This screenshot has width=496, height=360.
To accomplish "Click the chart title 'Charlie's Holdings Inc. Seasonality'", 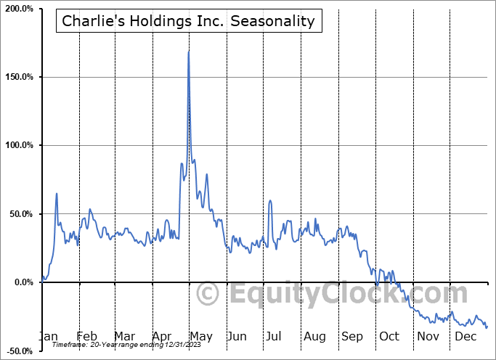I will click(189, 21).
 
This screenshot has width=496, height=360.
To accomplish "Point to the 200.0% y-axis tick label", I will click(19, 8).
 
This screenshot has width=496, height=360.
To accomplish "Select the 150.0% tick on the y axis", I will click(19, 77).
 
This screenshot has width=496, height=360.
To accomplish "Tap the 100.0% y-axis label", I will click(19, 145).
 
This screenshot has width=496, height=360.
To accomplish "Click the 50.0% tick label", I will click(20, 214).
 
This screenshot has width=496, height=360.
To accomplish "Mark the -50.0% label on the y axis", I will click(19, 351).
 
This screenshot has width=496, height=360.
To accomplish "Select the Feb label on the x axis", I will click(86, 336).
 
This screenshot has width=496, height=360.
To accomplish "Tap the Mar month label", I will click(124, 336).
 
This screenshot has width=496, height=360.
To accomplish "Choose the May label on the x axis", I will click(200, 336).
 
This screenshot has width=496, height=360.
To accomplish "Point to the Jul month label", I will click(275, 336).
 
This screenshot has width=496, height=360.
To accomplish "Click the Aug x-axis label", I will click(315, 336).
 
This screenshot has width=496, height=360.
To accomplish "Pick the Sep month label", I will click(352, 336).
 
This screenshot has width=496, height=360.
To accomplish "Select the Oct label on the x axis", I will click(389, 336).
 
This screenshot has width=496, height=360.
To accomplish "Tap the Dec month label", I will click(465, 336).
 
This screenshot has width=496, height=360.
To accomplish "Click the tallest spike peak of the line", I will click(189, 52).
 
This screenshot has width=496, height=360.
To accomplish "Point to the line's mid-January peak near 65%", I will click(57, 194).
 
